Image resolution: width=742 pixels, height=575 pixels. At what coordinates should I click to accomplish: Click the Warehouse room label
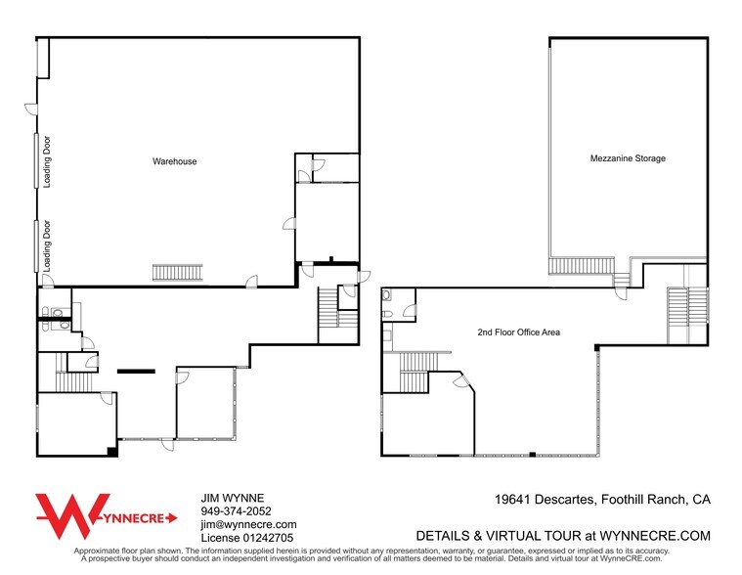(x=175, y=161)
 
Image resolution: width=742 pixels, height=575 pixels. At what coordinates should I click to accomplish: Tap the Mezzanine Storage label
(x=628, y=158)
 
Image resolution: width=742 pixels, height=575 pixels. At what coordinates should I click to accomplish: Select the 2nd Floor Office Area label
(x=519, y=332)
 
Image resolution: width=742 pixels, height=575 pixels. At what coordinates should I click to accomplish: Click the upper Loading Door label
(x=47, y=162)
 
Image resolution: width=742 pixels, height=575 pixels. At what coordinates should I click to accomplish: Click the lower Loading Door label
(x=47, y=245)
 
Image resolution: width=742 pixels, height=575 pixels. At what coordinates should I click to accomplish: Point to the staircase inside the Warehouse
(x=178, y=273)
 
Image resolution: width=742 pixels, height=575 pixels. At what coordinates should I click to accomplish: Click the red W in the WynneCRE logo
(x=72, y=516)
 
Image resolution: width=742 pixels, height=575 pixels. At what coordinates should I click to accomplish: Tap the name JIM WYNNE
(x=233, y=498)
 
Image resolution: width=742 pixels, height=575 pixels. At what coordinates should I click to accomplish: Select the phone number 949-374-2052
(x=237, y=511)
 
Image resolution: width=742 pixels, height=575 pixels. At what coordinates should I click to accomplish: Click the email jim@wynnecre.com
(x=249, y=524)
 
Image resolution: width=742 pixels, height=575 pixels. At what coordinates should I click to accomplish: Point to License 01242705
(x=247, y=538)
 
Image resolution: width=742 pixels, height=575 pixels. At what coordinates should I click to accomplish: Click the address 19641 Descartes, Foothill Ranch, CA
(x=602, y=500)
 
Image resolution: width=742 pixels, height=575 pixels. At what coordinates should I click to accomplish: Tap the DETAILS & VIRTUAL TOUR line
(x=563, y=536)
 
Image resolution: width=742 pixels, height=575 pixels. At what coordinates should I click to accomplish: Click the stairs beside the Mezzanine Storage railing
(x=622, y=280)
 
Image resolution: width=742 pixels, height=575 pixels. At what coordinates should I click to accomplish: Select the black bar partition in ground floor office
(x=136, y=372)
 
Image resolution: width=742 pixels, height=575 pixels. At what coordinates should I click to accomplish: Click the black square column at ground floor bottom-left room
(x=112, y=452)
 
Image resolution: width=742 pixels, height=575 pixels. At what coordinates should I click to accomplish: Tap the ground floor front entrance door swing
(x=167, y=445)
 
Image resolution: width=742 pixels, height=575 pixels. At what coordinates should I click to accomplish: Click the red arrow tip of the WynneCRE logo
(x=176, y=518)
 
